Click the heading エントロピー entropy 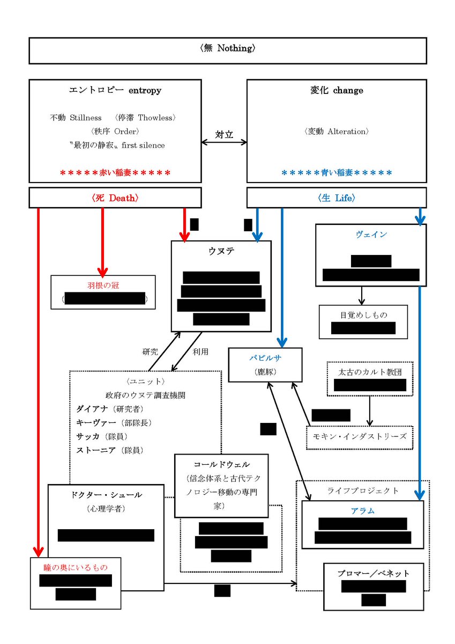pos(115,91)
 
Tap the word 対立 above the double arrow pos(224,135)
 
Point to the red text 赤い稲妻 pos(115,173)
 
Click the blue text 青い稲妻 pos(336,173)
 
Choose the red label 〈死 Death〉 pos(115,198)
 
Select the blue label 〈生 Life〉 pos(336,198)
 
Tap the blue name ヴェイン pos(371,235)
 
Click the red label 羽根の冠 pos(103,286)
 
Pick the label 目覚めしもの pos(363,315)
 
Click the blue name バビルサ pos(265,357)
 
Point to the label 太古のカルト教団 pos(369,371)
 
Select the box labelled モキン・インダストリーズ pos(360,436)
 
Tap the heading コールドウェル pos(221,464)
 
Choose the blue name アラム pos(363,510)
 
